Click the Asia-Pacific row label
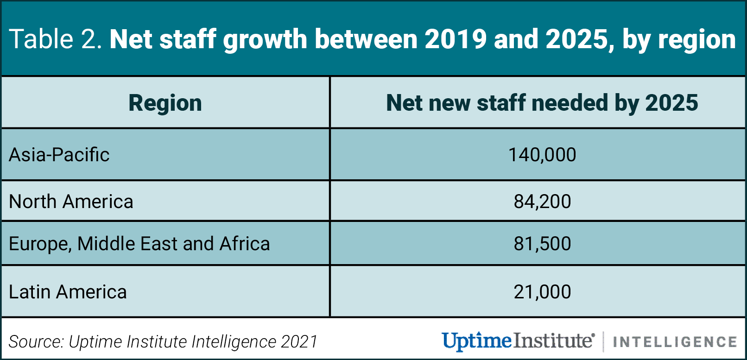59,155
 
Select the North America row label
71,202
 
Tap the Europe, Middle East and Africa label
139,244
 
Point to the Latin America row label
68,292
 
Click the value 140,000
542,155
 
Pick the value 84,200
542,202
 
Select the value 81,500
542,244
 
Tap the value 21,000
542,292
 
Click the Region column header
165,103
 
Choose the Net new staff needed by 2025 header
542,103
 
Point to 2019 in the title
455,39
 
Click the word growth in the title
265,40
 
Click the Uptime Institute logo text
517,341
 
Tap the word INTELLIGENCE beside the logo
675,342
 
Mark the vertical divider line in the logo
603,342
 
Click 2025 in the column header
671,103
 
